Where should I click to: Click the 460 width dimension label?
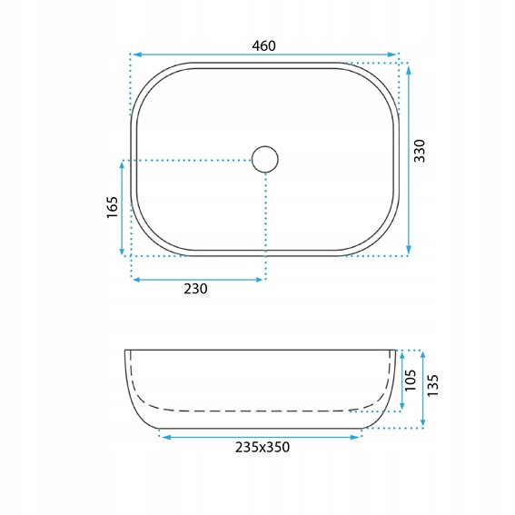coord(263,46)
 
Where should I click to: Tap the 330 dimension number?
coord(420,151)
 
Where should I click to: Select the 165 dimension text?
coord(112,207)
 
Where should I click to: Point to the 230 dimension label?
coord(195,289)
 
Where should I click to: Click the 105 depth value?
coord(411,381)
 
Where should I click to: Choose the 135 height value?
coord(432,385)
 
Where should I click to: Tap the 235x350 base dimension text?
coord(262,448)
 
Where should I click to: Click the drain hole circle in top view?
coord(265,159)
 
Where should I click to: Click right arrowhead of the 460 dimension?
coord(392,54)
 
